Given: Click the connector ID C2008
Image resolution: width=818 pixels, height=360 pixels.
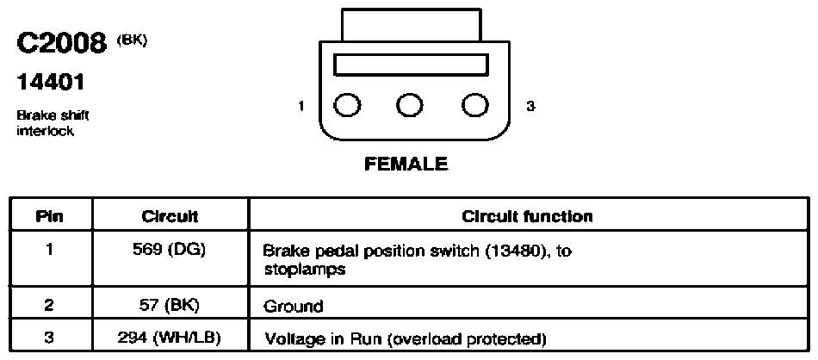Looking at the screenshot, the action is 61,43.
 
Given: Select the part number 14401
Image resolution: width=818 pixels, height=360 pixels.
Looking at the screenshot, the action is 51,82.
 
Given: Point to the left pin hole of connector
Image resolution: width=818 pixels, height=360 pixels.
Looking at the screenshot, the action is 346,105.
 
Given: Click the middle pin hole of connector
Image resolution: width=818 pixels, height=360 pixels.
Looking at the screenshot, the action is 410,105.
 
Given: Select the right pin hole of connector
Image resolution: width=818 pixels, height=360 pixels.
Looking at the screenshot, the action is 475,105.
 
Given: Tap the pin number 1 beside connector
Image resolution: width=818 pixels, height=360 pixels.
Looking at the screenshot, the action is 301,106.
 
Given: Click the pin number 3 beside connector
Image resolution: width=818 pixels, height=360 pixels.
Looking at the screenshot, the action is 530,106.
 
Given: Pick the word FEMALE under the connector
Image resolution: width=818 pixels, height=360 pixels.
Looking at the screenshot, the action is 406,164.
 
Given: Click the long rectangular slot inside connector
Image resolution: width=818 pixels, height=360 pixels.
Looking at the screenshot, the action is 411,65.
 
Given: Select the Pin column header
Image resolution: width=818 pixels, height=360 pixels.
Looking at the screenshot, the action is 50,216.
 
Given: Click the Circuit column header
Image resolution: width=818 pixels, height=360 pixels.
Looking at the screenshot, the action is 170,216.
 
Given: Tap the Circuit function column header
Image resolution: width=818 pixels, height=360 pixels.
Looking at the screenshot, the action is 528,216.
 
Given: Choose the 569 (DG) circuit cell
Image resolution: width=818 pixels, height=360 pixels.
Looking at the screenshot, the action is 169,251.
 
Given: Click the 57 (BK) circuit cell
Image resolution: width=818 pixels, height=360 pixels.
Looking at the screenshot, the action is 170,305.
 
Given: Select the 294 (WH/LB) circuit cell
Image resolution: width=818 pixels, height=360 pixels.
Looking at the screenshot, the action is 170,338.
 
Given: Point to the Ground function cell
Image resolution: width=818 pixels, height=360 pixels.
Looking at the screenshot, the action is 294,307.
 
